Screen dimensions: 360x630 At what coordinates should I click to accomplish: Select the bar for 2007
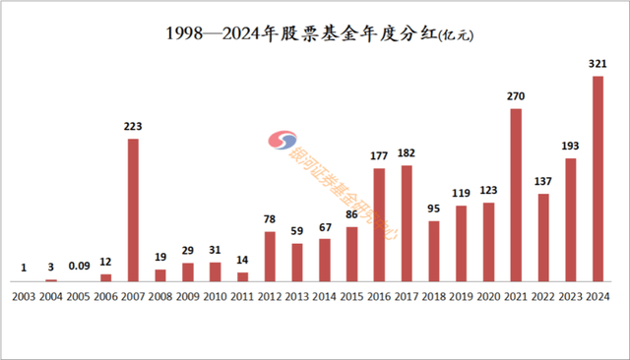tap(133, 210)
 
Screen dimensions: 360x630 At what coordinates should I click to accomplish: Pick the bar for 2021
tap(515, 195)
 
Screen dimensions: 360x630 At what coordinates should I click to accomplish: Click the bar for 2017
tap(406, 223)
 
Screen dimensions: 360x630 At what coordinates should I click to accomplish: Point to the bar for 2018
tap(433, 251)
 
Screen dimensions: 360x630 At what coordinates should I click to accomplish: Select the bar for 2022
tap(542, 237)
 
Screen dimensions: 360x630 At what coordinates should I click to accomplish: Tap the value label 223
tap(133, 126)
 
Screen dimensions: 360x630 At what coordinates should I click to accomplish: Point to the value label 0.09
tap(79, 266)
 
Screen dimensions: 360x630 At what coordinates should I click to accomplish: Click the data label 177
tap(379, 155)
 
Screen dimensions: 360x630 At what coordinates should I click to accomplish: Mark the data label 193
tap(570, 146)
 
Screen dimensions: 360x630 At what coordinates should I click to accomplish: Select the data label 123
tap(488, 190)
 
